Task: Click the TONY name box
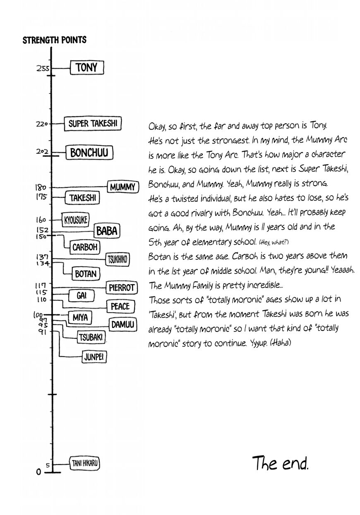(86, 68)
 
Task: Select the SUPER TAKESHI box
(93, 124)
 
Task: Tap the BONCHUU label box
(89, 153)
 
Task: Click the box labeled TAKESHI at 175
(83, 198)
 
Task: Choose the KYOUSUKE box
(75, 220)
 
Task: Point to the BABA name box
(106, 231)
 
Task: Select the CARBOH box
(85, 247)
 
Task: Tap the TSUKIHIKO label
(118, 260)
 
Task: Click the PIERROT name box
(121, 287)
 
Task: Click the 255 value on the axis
(42, 69)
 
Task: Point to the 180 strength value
(43, 188)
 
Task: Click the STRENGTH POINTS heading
(54, 40)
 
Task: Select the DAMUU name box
(122, 325)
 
